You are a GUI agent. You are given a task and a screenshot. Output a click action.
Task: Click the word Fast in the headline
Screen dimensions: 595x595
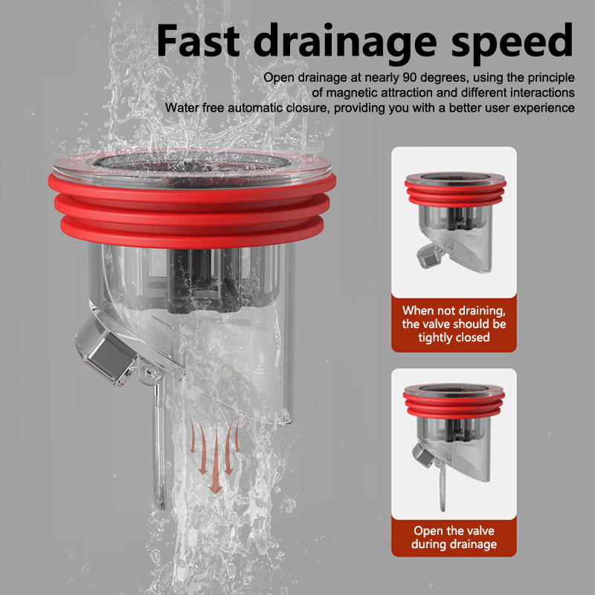click(198, 40)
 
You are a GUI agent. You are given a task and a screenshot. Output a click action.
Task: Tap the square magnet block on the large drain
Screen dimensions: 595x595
click(106, 351)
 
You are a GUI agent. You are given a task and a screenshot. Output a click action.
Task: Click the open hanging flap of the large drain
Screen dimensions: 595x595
click(158, 444)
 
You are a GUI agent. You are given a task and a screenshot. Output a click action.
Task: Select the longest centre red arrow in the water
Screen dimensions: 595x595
click(216, 461)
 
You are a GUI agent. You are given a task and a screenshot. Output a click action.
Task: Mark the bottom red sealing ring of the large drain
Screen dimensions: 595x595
click(192, 232)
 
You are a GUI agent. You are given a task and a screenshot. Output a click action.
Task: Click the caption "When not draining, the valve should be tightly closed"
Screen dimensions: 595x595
click(454, 324)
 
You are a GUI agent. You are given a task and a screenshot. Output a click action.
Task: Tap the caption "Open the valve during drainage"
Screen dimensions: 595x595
click(454, 537)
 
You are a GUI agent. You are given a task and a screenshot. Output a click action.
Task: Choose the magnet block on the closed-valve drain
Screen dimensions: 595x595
click(430, 256)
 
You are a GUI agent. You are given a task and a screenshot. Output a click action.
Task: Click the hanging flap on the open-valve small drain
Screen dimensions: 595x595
click(443, 488)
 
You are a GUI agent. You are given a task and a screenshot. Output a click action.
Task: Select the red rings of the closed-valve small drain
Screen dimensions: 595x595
click(455, 193)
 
